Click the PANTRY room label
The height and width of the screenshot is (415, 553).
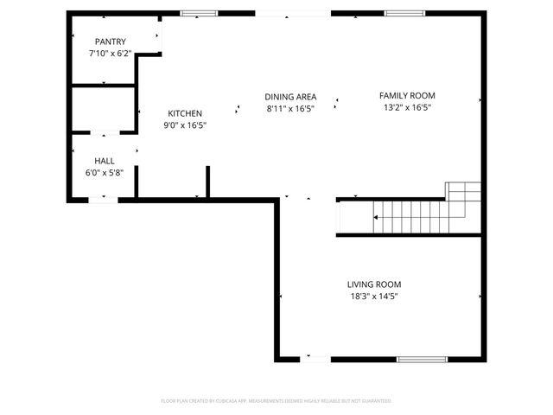(111, 41)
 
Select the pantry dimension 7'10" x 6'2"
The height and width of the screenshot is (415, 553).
(111, 54)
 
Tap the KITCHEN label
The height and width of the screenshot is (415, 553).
(185, 113)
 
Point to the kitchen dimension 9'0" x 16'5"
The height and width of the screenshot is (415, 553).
(185, 125)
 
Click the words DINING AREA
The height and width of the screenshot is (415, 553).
(290, 97)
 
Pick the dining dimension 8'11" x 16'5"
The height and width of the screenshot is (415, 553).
(290, 109)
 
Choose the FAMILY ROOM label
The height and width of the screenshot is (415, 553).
(407, 96)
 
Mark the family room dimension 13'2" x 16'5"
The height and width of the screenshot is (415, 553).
(407, 108)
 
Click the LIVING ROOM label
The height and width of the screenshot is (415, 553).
(374, 284)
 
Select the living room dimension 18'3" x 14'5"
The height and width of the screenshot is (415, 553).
(374, 297)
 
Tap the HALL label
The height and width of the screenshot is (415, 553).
(105, 161)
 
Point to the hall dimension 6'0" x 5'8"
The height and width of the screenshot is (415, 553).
(105, 173)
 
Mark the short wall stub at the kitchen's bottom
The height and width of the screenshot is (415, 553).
(208, 182)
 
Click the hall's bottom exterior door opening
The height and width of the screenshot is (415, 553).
(104, 200)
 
